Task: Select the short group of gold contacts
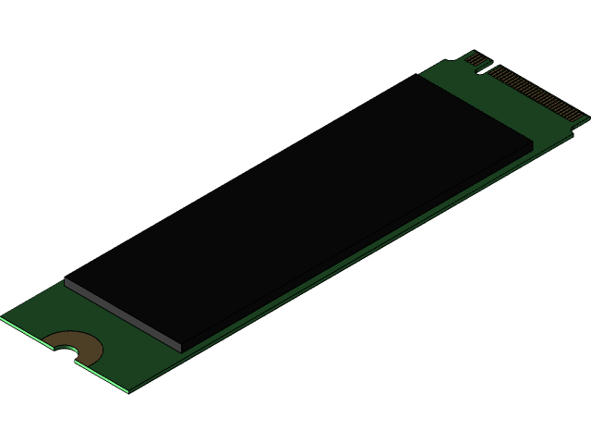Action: [x=475, y=60]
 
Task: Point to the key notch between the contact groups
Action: [x=488, y=68]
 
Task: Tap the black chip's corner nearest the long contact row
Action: [x=533, y=143]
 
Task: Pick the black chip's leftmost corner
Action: [x=65, y=280]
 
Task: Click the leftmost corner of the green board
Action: [x=2, y=317]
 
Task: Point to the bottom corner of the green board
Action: [x=128, y=391]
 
